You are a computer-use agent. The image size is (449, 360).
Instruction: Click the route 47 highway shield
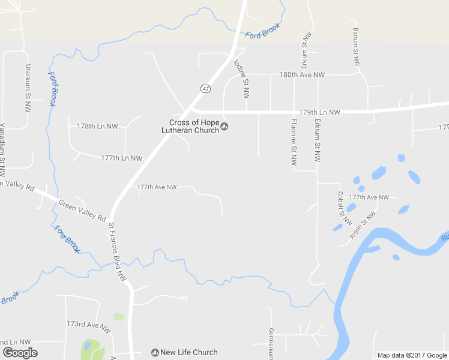tap(206, 88)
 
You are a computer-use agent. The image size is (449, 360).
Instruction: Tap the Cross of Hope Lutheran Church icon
tap(224, 126)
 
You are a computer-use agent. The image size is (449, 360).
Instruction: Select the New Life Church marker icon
tap(155, 352)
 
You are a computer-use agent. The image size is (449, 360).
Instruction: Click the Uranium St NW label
tap(27, 89)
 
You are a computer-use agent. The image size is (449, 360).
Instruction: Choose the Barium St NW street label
tap(355, 47)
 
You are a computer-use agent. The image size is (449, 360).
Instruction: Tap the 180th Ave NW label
tap(302, 75)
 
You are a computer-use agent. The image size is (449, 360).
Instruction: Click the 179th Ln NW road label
tap(319, 112)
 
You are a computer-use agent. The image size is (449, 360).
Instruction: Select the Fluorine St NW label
tap(294, 142)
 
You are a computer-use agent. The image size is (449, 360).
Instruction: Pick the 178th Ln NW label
tap(98, 126)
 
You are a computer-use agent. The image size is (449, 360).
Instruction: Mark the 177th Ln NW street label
tap(122, 158)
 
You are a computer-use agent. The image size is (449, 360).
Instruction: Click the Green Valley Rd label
tap(82, 210)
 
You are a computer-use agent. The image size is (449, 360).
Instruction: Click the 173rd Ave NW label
tap(89, 324)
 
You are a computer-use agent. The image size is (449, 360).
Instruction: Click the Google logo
tap(20, 353)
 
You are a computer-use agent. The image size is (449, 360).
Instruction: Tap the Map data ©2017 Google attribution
tap(412, 355)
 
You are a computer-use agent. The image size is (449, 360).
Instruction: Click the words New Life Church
tap(188, 352)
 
